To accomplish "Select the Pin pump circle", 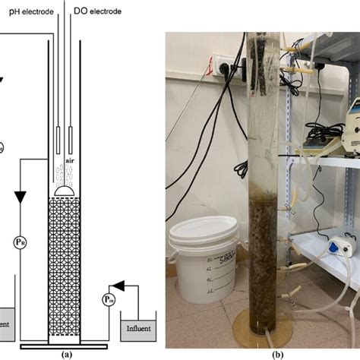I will tap(109, 300).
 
